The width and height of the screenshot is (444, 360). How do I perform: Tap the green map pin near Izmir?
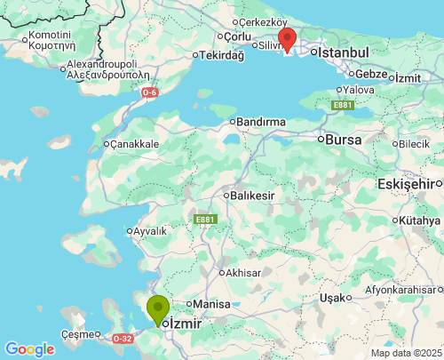click(x=158, y=309)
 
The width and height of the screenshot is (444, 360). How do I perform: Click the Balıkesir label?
click(x=252, y=195)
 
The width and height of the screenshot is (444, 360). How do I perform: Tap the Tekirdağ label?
click(x=222, y=55)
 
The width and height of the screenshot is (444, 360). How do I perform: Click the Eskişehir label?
click(x=409, y=183)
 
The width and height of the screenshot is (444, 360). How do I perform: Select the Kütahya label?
click(x=420, y=220)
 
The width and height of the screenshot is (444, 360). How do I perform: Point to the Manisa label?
click(x=211, y=304)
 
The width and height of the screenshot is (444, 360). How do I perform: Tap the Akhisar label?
click(x=245, y=272)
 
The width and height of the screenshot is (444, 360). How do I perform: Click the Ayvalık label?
click(x=148, y=231)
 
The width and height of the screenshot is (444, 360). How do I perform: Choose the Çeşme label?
click(x=76, y=334)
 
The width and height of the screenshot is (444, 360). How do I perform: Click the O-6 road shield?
click(x=149, y=92)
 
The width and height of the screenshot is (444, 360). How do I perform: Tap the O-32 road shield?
click(x=123, y=339)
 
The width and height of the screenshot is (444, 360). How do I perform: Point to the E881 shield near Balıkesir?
click(x=205, y=219)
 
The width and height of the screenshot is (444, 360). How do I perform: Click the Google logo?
click(x=29, y=349)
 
